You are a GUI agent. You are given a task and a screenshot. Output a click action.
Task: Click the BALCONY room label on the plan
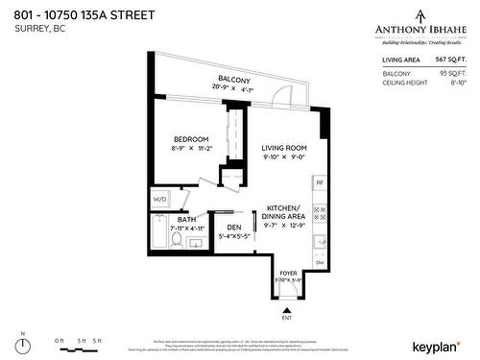click(233, 79)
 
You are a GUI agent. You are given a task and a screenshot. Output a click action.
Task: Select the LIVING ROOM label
click(284, 147)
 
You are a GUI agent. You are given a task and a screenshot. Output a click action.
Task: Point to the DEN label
click(234, 227)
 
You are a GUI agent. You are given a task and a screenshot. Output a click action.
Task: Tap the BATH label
click(186, 220)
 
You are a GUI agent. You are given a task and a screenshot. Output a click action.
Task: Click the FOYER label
click(288, 273)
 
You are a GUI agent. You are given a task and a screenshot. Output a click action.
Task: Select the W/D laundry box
click(159, 199)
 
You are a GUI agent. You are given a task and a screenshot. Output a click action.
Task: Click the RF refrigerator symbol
click(321, 182)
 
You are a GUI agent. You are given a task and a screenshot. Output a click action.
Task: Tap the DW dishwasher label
click(321, 262)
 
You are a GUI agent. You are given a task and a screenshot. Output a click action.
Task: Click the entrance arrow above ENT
click(287, 310)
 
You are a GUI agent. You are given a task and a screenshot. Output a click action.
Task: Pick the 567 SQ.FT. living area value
click(448, 60)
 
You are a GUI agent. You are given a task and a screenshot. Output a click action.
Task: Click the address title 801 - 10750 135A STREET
click(80, 12)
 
